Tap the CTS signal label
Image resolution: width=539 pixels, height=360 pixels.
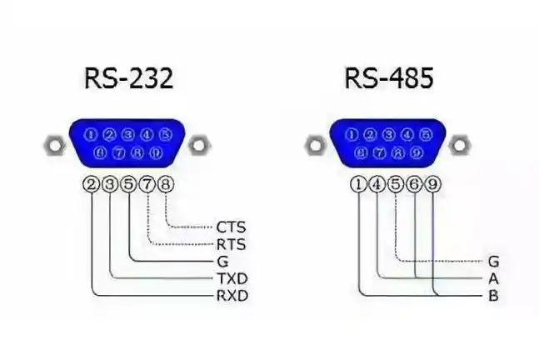pos(230,227)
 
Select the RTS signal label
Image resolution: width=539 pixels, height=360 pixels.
pos(230,244)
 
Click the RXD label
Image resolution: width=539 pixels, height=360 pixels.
pos(232,296)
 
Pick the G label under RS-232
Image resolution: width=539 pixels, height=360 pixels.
pos(222,261)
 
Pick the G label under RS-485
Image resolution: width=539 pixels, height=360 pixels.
pos(493,261)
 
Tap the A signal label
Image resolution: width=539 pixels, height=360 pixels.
pos(493,278)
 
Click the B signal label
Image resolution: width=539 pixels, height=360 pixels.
pos(493,296)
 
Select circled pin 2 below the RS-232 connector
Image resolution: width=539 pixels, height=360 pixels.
pos(92,185)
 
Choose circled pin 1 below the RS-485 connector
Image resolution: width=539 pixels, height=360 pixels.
pos(359,185)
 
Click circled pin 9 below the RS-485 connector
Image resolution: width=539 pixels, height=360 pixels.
pos(432,185)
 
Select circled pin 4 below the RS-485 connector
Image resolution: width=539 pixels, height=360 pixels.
pos(377,185)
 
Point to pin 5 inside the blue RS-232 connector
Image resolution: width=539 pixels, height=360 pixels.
pos(165,134)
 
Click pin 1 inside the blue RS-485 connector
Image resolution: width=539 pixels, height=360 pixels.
pos(352,134)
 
